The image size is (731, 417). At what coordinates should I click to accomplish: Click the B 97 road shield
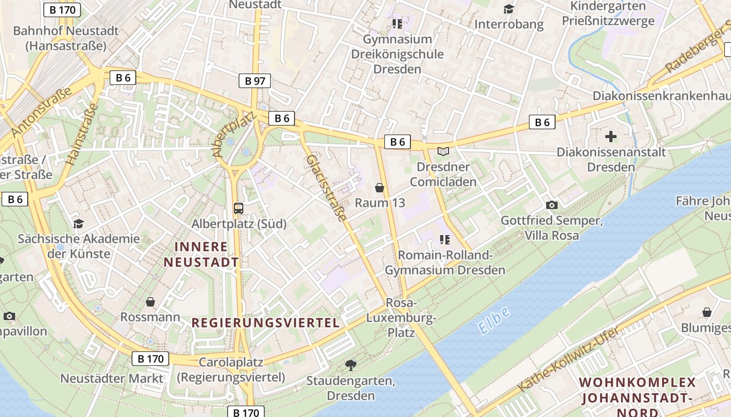[x=255, y=81]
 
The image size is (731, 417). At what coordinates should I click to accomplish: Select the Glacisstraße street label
[x=327, y=188]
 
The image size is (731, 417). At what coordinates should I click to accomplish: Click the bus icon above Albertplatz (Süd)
[x=239, y=208]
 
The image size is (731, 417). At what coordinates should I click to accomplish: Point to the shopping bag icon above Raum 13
[x=380, y=188]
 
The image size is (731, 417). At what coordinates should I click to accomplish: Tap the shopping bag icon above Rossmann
[x=150, y=302]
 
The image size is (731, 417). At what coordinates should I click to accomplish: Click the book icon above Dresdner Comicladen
[x=443, y=152]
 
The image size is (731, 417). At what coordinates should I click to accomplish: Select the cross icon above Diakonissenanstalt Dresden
[x=610, y=137]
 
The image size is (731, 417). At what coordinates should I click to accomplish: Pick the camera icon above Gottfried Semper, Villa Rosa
[x=551, y=205]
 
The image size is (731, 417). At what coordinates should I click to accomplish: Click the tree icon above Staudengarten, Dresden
[x=351, y=365]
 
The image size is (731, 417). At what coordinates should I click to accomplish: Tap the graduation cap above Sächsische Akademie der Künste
[x=78, y=224]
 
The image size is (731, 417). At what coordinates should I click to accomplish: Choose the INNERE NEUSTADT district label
[x=202, y=254]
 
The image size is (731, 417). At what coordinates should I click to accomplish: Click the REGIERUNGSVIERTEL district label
[x=266, y=323]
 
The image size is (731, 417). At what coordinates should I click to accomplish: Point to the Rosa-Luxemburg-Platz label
[x=401, y=317]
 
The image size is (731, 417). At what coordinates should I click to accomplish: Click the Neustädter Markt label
[x=112, y=378]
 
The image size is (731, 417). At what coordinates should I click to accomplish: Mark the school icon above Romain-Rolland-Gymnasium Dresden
[x=445, y=240]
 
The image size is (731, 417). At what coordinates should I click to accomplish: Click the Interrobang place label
[x=509, y=24]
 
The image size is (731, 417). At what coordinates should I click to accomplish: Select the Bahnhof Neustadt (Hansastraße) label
[x=66, y=38]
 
